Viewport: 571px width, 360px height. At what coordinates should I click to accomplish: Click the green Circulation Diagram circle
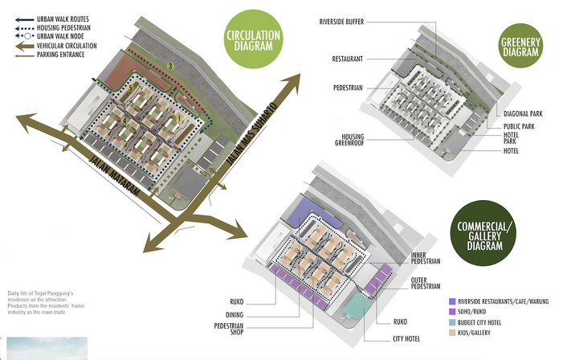tap(254, 40)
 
